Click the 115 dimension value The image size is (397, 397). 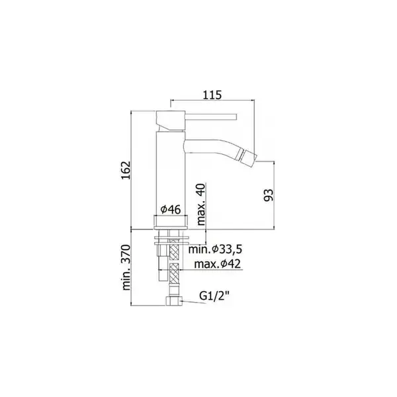212,95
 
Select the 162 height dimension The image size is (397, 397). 126,170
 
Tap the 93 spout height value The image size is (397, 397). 269,195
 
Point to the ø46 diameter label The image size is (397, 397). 171,209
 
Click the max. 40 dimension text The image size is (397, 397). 201,204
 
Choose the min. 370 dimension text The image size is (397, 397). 126,267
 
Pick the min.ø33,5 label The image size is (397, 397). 215,249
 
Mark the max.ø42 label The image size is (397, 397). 218,264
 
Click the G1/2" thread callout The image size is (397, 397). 214,296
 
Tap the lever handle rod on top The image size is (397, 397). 211,116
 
